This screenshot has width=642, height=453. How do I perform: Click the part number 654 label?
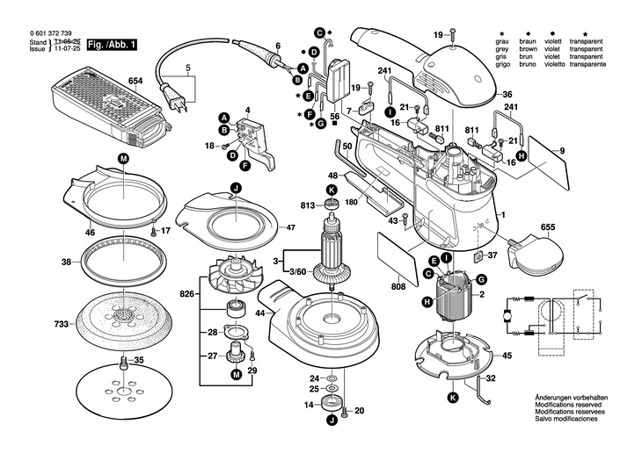[x=135, y=81]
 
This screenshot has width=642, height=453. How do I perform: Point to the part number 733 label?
[x=62, y=325]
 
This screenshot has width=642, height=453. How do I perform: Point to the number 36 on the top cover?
[x=507, y=95]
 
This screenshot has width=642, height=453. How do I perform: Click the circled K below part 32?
[x=453, y=398]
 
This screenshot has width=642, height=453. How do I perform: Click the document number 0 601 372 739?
[x=47, y=33]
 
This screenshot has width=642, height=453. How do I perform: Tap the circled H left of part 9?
[x=521, y=155]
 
